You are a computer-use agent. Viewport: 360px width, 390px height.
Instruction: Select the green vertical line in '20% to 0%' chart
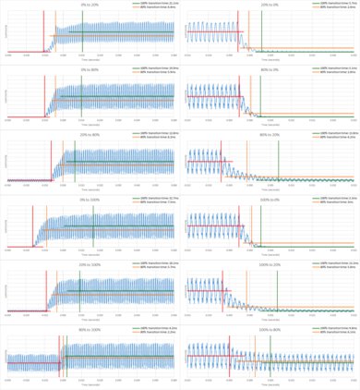tap(262, 32)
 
